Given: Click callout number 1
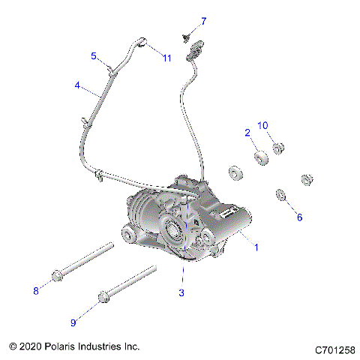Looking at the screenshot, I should pyautogui.click(x=256, y=247).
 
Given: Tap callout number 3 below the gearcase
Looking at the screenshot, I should pyautogui.click(x=181, y=292).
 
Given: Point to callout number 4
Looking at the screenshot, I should pyautogui.click(x=77, y=85).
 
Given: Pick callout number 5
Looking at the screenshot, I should pyautogui.click(x=94, y=55).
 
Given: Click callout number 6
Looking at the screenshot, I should pyautogui.click(x=299, y=217).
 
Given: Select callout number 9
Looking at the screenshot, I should pyautogui.click(x=73, y=322).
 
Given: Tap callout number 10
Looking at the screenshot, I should pyautogui.click(x=263, y=124).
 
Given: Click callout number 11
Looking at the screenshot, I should pyautogui.click(x=167, y=58).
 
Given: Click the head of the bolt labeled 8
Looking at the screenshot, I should pyautogui.click(x=57, y=276).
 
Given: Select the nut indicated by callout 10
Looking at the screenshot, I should pyautogui.click(x=277, y=148).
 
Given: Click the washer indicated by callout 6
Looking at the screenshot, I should pyautogui.click(x=280, y=196).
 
